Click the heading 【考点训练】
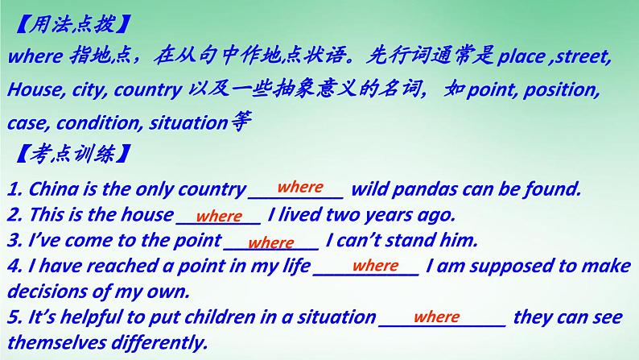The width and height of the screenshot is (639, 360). [x=73, y=154]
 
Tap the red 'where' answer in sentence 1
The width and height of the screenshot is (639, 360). [x=300, y=187]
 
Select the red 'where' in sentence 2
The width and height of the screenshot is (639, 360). [x=219, y=216]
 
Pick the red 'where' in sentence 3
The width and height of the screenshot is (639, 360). [x=271, y=242]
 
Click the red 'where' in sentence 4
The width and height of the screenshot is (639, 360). [x=375, y=266]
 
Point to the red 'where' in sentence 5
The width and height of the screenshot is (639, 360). [x=436, y=317]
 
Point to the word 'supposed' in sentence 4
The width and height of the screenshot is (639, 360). [x=513, y=267]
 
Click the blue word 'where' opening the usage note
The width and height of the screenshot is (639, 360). [x=35, y=56]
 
